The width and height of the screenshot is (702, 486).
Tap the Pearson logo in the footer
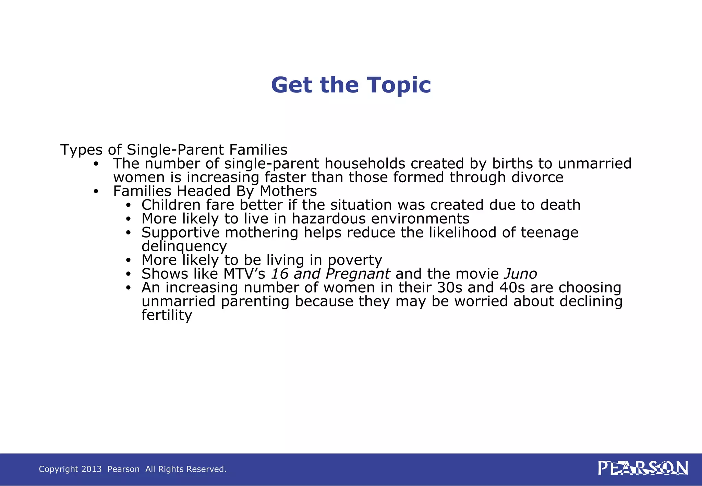click(x=643, y=468)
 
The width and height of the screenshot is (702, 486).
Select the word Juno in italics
click(x=520, y=274)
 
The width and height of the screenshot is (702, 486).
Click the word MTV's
click(x=244, y=274)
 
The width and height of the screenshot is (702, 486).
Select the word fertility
click(x=167, y=315)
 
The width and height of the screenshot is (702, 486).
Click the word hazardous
click(x=329, y=219)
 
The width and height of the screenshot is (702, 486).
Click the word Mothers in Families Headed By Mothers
click(x=288, y=191)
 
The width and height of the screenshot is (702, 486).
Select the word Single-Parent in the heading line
click(x=175, y=150)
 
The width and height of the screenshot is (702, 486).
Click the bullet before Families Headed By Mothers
click(x=96, y=192)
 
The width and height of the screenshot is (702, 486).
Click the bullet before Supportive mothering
click(x=128, y=233)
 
